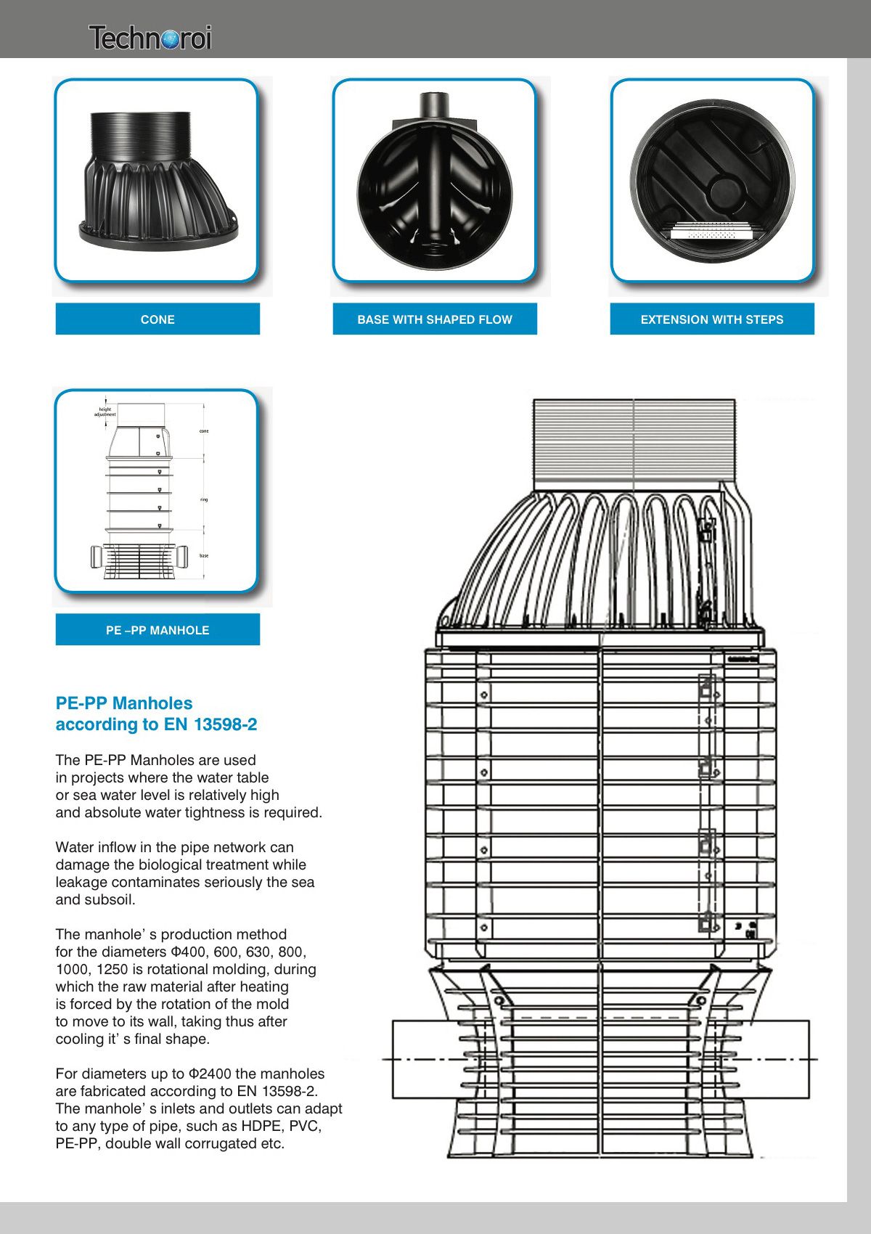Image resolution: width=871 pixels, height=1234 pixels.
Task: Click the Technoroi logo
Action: point(151,37)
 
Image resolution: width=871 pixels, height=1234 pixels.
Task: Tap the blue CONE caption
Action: point(158,319)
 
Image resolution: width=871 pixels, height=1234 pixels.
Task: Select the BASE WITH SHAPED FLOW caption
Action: point(435,319)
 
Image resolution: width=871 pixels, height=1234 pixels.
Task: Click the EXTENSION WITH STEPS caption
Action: point(712,319)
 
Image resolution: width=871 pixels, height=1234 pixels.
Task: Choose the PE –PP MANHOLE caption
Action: point(158,630)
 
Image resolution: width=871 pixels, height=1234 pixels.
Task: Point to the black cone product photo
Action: point(158,181)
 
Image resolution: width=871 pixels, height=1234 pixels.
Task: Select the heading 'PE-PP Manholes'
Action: point(124,703)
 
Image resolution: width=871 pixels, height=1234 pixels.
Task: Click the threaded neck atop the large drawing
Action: point(634,444)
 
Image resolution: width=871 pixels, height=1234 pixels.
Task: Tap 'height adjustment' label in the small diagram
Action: point(105,412)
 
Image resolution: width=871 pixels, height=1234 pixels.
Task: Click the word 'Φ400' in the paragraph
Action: point(189,952)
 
